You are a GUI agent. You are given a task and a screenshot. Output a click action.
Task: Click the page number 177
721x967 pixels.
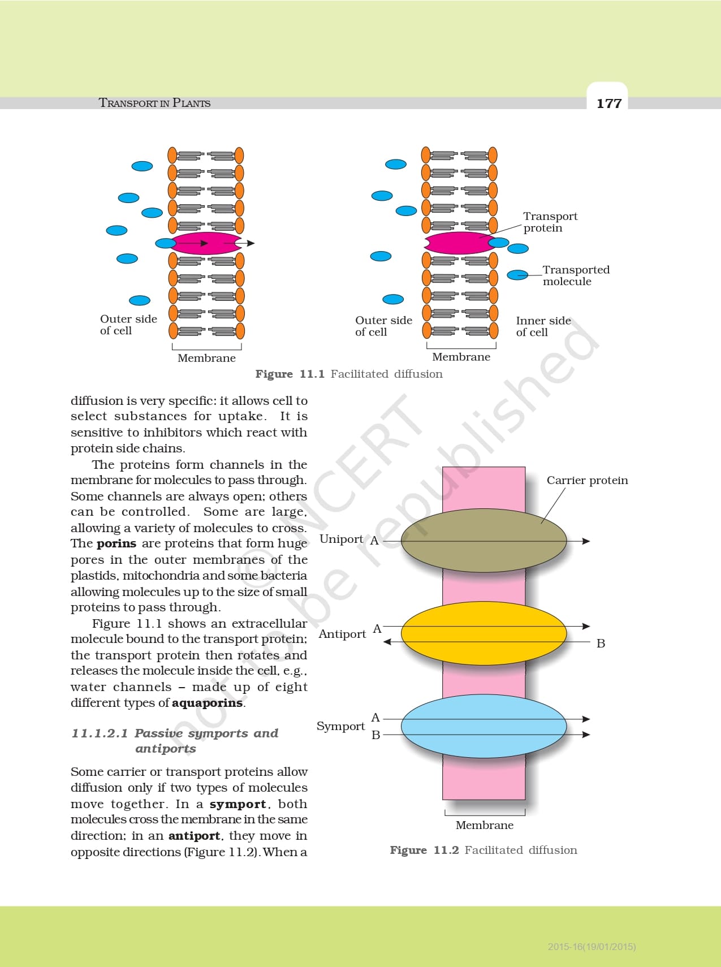pyautogui.click(x=609, y=103)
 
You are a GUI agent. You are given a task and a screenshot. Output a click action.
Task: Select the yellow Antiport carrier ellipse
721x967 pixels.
pyautogui.click(x=483, y=633)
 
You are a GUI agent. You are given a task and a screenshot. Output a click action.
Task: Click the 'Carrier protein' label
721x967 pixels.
pyautogui.click(x=587, y=480)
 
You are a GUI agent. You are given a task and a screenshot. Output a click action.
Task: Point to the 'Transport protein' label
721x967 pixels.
pyautogui.click(x=550, y=222)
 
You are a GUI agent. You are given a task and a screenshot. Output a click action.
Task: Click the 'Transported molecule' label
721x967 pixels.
pyautogui.click(x=576, y=275)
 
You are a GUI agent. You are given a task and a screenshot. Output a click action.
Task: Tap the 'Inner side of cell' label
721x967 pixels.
pyautogui.click(x=543, y=326)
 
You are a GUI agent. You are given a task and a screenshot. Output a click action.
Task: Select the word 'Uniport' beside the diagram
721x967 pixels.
pyautogui.click(x=341, y=539)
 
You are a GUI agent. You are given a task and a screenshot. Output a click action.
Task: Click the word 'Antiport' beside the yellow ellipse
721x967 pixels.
pyautogui.click(x=342, y=634)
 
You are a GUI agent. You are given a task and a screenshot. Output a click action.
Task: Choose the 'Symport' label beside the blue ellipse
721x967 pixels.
pyautogui.click(x=340, y=726)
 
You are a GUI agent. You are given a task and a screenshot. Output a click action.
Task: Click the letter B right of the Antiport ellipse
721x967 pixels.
pyautogui.click(x=601, y=644)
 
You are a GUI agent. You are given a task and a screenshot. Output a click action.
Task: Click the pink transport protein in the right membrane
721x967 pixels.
pyautogui.click(x=458, y=243)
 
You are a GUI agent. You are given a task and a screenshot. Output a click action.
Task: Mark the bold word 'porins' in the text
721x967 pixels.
pyautogui.click(x=116, y=543)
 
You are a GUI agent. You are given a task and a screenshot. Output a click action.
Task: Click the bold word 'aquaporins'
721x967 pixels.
pyautogui.click(x=208, y=703)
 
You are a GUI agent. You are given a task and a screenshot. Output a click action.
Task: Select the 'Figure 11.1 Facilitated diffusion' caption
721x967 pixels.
pyautogui.click(x=349, y=374)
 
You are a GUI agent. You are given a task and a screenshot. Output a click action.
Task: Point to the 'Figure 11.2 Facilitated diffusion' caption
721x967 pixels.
pyautogui.click(x=483, y=850)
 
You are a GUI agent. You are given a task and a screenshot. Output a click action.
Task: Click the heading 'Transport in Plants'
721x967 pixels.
pyautogui.click(x=154, y=103)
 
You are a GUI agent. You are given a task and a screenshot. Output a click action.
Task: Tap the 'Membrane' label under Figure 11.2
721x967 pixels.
pyautogui.click(x=485, y=825)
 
